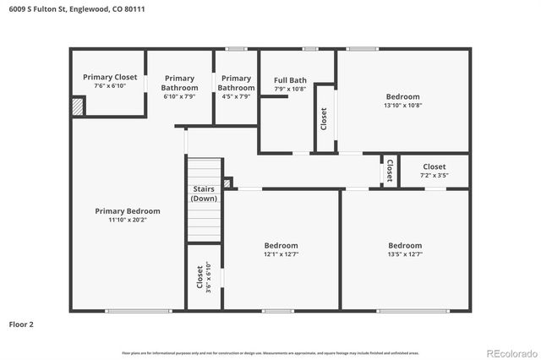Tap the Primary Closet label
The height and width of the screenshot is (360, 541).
pos(110,77)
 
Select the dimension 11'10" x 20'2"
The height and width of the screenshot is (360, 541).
pos(128,220)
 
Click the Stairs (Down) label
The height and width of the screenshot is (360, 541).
pos(204,194)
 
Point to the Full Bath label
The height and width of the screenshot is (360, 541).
pos(290,81)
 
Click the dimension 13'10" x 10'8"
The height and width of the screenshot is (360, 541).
pos(402,106)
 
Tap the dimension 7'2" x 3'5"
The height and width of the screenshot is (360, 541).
pos(434,176)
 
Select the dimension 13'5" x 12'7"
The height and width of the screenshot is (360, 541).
pos(405,254)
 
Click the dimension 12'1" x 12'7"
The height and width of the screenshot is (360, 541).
pos(281,254)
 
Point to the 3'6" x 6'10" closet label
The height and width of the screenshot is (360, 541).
pos(205,278)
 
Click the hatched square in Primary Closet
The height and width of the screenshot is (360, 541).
pos(78,107)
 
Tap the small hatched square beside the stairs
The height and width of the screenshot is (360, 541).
pos(227,182)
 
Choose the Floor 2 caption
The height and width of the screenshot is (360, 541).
pos(22,324)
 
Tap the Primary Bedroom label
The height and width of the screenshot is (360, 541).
pos(128,211)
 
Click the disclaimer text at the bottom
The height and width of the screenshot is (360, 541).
pos(270,352)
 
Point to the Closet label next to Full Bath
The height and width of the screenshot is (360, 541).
pos(324,118)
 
